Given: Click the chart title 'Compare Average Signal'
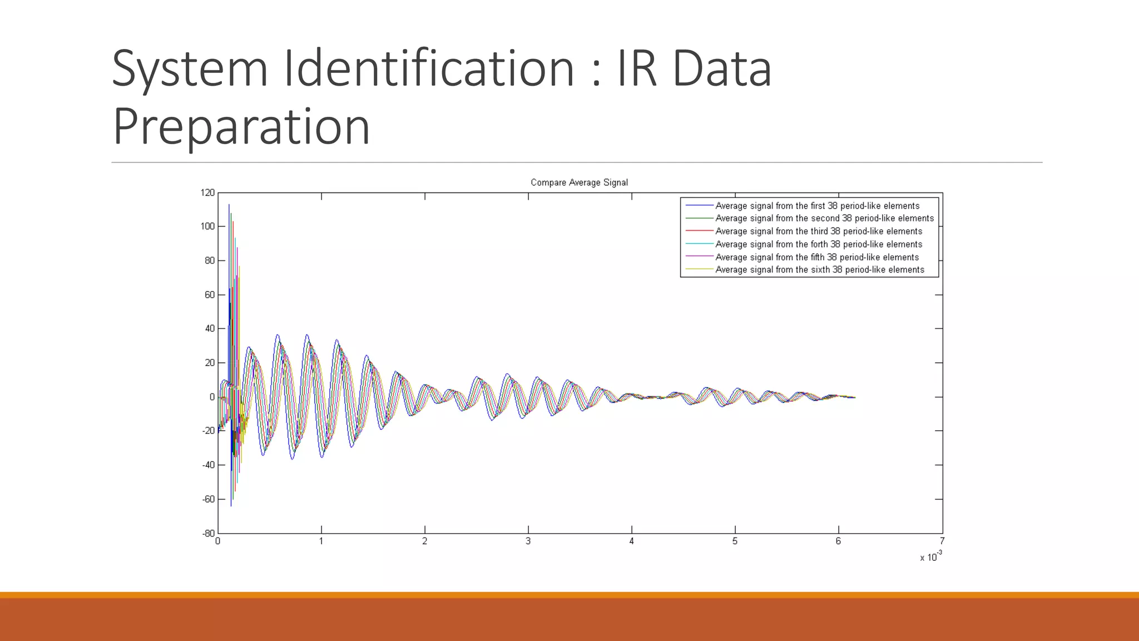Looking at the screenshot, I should pyautogui.click(x=579, y=183).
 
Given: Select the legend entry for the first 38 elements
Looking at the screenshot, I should pyautogui.click(x=817, y=206).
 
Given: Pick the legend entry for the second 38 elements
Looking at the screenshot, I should pyautogui.click(x=824, y=219).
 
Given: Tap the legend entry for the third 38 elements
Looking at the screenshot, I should pyautogui.click(x=819, y=231).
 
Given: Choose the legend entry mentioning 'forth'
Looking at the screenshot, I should pyautogui.click(x=819, y=244).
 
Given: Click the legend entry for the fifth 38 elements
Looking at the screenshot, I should pyautogui.click(x=817, y=257).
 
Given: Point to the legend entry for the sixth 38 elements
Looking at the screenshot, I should pyautogui.click(x=820, y=270).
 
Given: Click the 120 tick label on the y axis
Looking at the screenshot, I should pyautogui.click(x=207, y=193).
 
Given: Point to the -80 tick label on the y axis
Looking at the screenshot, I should pyautogui.click(x=208, y=533).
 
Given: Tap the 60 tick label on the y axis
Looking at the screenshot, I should pyautogui.click(x=210, y=295).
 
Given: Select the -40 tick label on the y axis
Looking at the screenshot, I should pyautogui.click(x=208, y=465).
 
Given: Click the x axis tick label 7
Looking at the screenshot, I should pyautogui.click(x=942, y=541).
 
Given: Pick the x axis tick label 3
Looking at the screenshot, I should pyautogui.click(x=528, y=541).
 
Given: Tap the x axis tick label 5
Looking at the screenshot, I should pyautogui.click(x=735, y=541).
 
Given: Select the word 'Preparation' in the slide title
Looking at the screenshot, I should pyautogui.click(x=241, y=126).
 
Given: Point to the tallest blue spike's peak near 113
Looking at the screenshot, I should pyautogui.click(x=229, y=205).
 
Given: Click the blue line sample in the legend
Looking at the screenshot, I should pyautogui.click(x=699, y=206).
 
